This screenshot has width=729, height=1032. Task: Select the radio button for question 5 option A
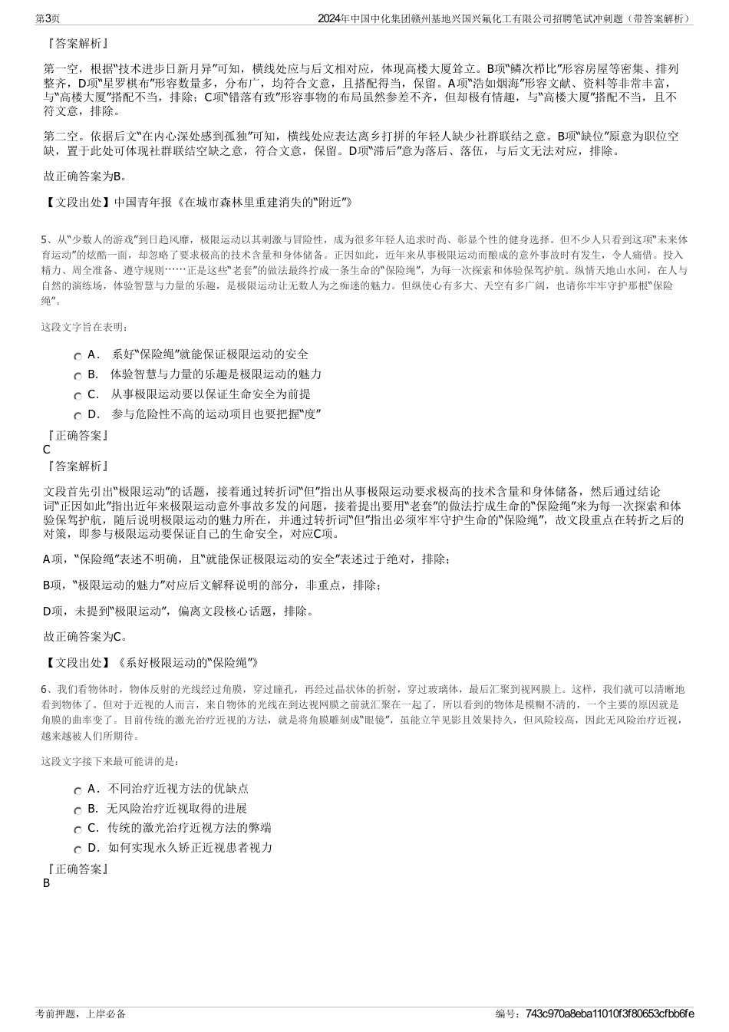[78, 357]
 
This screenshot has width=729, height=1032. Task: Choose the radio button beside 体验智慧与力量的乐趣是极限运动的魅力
[78, 377]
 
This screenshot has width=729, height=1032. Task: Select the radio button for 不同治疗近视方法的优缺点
[78, 791]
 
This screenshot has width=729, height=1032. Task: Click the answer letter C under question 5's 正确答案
[47, 450]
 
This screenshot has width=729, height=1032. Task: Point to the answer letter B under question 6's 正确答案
[47, 883]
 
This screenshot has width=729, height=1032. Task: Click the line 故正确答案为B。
[85, 176]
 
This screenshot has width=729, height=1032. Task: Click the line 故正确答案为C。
[85, 636]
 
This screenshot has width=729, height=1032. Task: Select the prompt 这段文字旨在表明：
[84, 327]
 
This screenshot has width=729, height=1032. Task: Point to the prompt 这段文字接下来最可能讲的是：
[111, 762]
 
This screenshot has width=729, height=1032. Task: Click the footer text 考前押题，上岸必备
[81, 1014]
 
